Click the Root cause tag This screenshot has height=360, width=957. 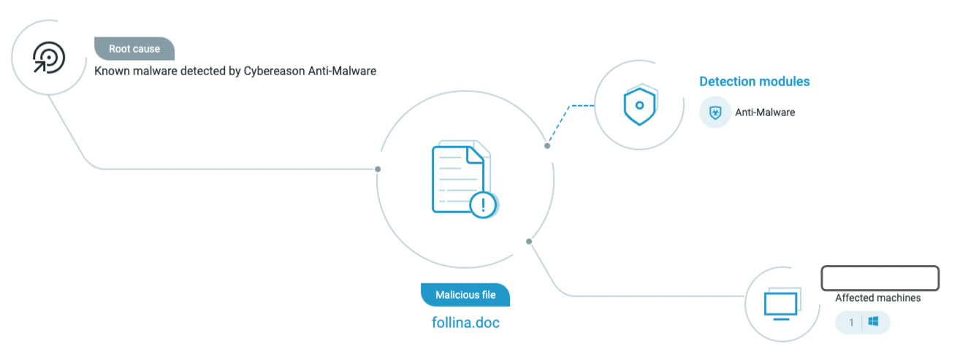(x=134, y=49)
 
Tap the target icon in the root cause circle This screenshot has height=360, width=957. (x=49, y=57)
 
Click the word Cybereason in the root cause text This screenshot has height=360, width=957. (x=272, y=71)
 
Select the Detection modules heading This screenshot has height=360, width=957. (x=754, y=82)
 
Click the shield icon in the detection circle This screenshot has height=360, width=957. (x=641, y=106)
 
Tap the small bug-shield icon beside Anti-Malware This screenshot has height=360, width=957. (x=714, y=112)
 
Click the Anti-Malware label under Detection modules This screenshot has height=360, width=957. (x=764, y=112)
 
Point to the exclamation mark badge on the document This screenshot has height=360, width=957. (x=483, y=204)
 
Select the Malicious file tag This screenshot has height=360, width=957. (x=465, y=295)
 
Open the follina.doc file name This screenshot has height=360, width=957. (x=465, y=322)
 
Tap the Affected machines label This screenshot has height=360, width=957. (x=877, y=298)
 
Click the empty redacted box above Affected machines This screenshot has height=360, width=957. (x=880, y=278)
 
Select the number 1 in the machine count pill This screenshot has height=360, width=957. (x=851, y=322)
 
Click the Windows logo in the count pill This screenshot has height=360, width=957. (x=873, y=322)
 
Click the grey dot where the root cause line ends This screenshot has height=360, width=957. (x=378, y=169)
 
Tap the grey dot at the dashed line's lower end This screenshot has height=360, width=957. (x=547, y=146)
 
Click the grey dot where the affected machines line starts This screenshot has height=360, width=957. (x=529, y=241)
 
